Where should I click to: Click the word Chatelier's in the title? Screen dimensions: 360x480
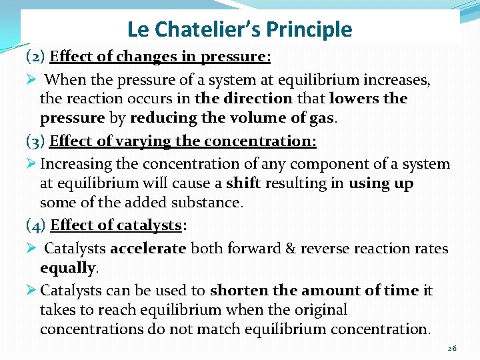coord(205,29)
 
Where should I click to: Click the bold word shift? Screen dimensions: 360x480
coord(242,183)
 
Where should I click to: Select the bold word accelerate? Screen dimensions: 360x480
coord(149,249)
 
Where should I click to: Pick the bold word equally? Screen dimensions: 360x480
coord(68,268)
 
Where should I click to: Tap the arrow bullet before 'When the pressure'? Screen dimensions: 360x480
coord(31,80)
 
